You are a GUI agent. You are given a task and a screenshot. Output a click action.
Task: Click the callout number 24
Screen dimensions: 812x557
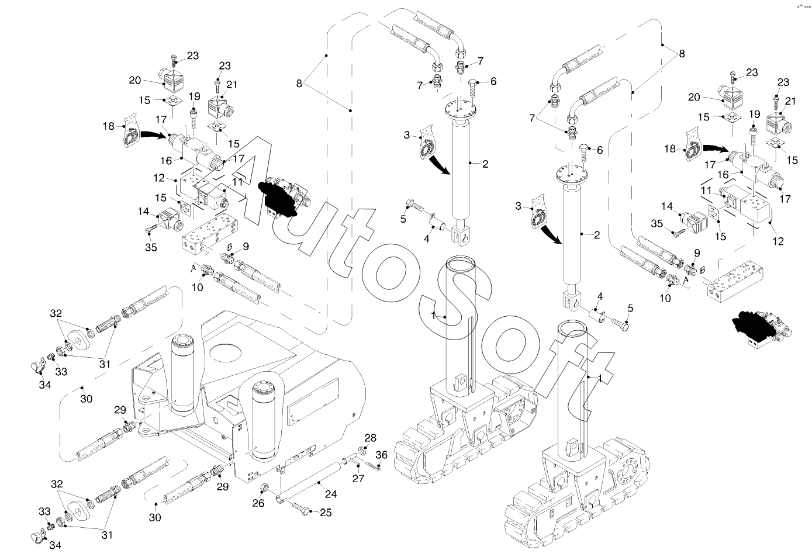point(331,494)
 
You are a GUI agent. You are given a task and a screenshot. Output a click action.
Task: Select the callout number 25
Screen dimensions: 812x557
point(326,513)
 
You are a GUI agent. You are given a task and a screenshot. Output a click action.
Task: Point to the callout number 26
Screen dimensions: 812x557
point(258,503)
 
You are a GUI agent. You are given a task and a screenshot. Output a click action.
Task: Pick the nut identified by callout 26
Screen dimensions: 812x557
point(264,488)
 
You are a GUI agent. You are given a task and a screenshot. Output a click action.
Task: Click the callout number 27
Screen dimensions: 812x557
point(358,478)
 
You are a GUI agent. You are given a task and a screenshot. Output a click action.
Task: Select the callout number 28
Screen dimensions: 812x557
point(370,438)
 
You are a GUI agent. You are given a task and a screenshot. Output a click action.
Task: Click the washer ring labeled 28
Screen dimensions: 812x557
point(362,451)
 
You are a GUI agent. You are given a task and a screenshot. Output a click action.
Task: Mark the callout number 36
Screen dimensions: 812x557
point(381,455)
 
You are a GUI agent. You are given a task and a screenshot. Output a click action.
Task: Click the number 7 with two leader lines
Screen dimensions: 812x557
point(532,118)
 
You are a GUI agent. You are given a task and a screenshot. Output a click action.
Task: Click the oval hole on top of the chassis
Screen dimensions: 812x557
point(226,353)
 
